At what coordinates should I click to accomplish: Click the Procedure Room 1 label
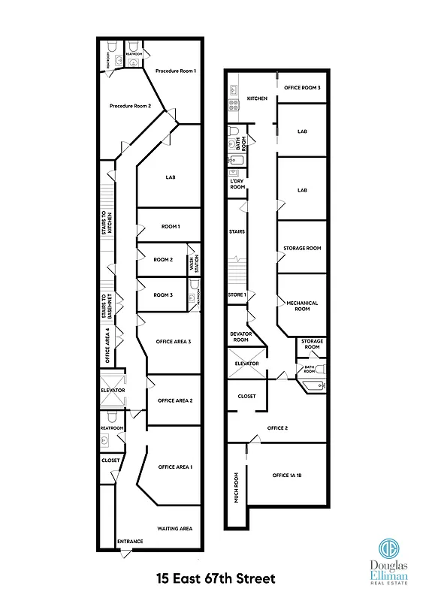[176, 71]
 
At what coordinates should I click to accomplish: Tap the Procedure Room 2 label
[131, 106]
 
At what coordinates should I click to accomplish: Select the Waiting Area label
[175, 529]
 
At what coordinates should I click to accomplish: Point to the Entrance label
[130, 542]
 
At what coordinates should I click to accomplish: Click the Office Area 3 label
[174, 342]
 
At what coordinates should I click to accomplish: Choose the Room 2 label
[163, 260]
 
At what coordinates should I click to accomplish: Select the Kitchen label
[258, 98]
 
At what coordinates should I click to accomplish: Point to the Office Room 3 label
[303, 88]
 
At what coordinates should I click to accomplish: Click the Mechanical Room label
[303, 306]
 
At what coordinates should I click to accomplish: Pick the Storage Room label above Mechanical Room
[302, 248]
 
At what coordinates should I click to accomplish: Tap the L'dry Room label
[237, 183]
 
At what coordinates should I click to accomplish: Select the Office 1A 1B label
[287, 476]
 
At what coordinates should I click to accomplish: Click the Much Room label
[236, 487]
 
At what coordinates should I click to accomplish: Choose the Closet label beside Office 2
[246, 396]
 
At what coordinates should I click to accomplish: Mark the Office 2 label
[278, 428]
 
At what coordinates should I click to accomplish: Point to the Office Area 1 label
[175, 467]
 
